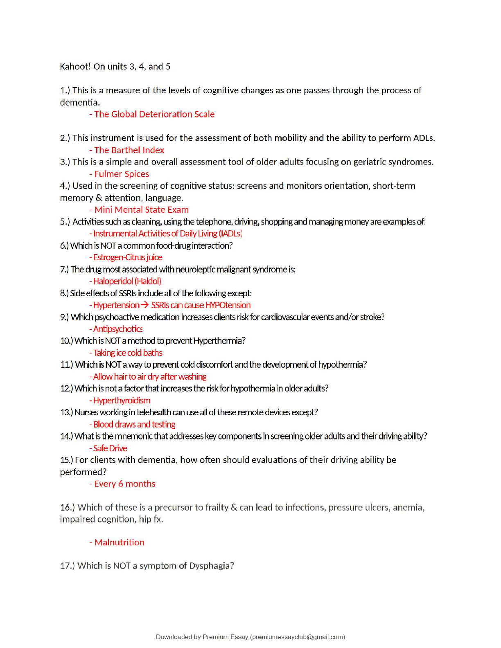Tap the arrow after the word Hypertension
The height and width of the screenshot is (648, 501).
pyautogui.click(x=144, y=305)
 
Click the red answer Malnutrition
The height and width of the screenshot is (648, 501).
pyautogui.click(x=119, y=542)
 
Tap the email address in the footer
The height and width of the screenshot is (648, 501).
pyautogui.click(x=297, y=637)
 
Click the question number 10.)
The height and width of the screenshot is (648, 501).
pyautogui.click(x=66, y=341)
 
